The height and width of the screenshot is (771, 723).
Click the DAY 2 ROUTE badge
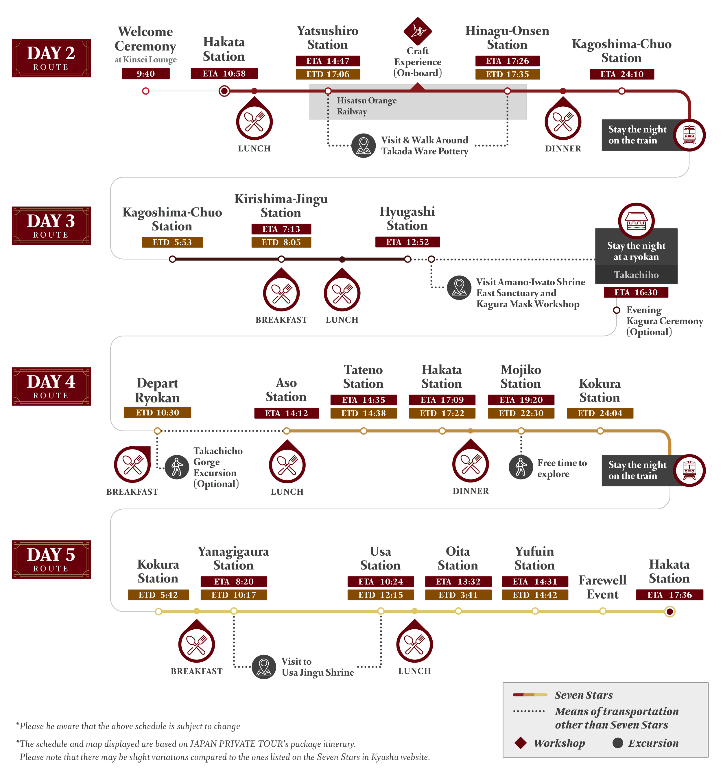(x=51, y=58)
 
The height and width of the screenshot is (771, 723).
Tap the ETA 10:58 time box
(x=224, y=74)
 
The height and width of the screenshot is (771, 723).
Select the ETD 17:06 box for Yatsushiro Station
(x=328, y=74)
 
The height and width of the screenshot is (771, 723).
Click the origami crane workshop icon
(x=417, y=31)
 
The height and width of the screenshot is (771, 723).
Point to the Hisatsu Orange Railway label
(x=366, y=106)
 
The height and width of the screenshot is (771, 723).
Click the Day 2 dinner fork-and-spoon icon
(x=563, y=122)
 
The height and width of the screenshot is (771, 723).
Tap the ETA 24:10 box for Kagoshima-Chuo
(x=622, y=74)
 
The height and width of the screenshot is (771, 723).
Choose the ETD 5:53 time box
(x=172, y=242)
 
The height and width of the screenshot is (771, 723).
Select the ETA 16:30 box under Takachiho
(x=636, y=293)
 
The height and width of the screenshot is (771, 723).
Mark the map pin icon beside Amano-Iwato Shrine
(x=459, y=287)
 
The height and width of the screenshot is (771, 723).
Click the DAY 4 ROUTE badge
(x=51, y=386)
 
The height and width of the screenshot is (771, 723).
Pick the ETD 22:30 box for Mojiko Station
(x=521, y=413)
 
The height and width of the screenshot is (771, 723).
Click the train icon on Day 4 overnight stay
(x=689, y=470)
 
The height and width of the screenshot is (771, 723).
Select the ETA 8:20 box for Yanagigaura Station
(x=233, y=581)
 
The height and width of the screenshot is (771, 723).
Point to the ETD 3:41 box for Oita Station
(x=458, y=595)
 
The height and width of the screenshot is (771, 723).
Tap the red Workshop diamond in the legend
(x=521, y=743)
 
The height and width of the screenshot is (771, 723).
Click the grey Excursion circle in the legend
(x=617, y=743)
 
